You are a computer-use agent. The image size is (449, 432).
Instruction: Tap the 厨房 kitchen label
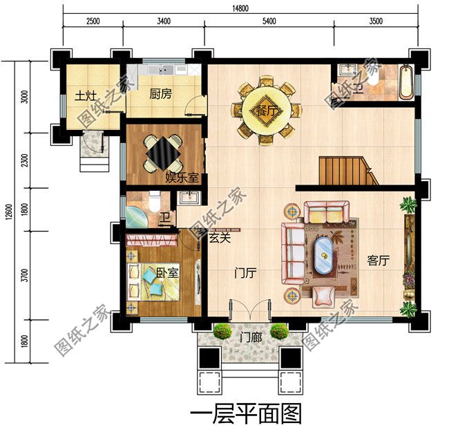point(160,95)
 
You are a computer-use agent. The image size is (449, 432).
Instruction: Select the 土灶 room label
point(86,95)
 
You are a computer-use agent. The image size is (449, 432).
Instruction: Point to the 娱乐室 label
point(182,178)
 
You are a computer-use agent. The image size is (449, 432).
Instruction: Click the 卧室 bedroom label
point(168,272)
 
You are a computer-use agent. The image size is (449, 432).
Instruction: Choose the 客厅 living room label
point(379,261)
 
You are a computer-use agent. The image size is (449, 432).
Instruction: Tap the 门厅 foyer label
point(245,273)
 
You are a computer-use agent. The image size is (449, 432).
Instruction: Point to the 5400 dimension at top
point(269,21)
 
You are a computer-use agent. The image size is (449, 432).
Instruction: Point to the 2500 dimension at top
point(93,21)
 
